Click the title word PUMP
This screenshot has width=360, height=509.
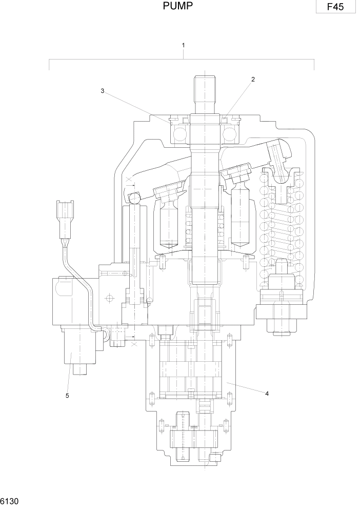pyautogui.click(x=178, y=6)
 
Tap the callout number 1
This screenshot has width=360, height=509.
pyautogui.click(x=183, y=45)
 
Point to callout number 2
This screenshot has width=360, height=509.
pyautogui.click(x=252, y=80)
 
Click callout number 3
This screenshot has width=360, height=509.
pyautogui.click(x=103, y=91)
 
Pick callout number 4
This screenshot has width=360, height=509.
pyautogui.click(x=267, y=394)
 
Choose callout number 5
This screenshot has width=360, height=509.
pyautogui.click(x=67, y=395)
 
